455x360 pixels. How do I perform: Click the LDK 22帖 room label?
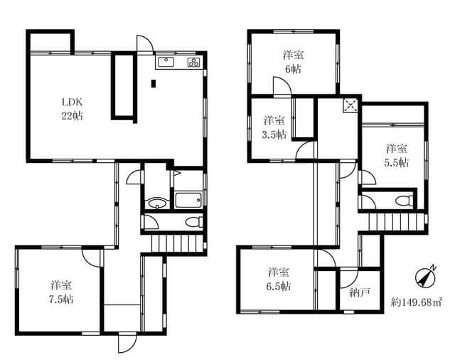[x=72, y=109]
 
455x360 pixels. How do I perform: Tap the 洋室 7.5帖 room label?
[x=61, y=292]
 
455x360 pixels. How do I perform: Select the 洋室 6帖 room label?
[x=293, y=62]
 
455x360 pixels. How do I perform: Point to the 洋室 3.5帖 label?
[x=274, y=127]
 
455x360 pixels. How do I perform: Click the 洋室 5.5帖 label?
[x=397, y=155]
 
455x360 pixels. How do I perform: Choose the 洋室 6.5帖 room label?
[x=278, y=280]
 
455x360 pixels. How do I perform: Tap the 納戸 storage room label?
[x=360, y=292]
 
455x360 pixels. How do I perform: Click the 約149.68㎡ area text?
[x=416, y=302]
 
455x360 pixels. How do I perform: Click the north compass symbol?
[x=426, y=276]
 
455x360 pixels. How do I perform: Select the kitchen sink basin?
[x=166, y=62]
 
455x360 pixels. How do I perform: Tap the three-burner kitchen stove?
[x=193, y=62]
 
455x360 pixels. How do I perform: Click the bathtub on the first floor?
[x=188, y=200]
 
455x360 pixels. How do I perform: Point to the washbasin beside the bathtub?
[x=157, y=203]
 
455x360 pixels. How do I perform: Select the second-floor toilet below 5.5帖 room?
[x=405, y=200]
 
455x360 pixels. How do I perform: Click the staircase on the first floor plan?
[x=177, y=243]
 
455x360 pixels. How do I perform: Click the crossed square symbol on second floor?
[x=350, y=105]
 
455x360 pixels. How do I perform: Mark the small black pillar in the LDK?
[x=154, y=84]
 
